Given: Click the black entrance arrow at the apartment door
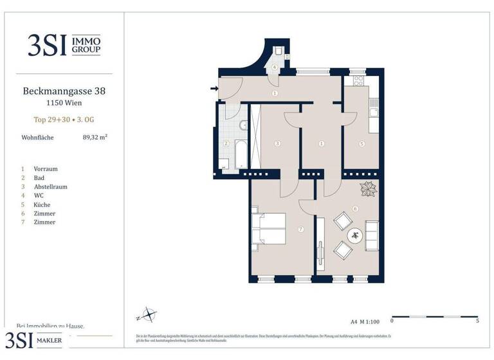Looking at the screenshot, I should [214, 89].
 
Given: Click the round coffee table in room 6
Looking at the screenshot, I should [355, 236].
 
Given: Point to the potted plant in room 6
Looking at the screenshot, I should [369, 190].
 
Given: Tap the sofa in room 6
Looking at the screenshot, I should [372, 235].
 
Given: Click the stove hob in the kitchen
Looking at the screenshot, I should [358, 82].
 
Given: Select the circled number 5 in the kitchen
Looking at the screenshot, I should [362, 144].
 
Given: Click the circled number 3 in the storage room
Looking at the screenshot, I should [277, 143].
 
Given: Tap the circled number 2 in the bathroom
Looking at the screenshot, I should [226, 143].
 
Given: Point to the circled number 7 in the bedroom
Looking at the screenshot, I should [300, 229].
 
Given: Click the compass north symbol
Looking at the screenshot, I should [149, 316].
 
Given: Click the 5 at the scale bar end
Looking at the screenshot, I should [477, 321].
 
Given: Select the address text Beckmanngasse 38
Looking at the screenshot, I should [64, 91].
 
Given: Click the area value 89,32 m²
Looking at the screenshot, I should [95, 137].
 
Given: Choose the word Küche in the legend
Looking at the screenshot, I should [42, 204].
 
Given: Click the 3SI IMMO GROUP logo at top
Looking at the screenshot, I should [64, 44].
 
